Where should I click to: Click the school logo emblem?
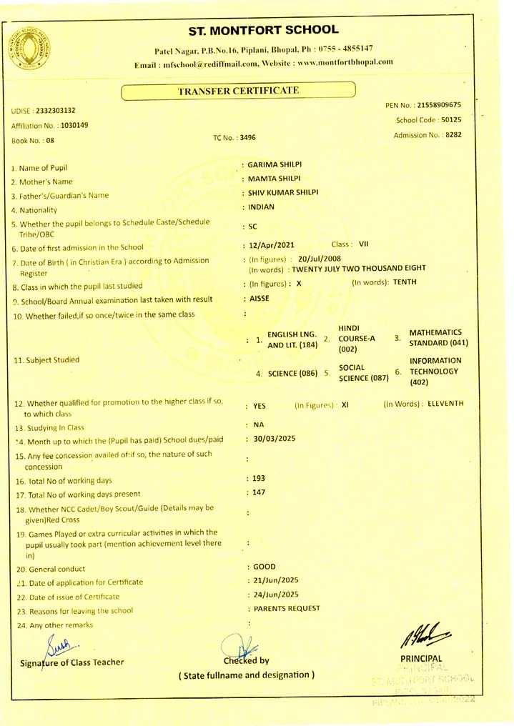(x=28, y=51)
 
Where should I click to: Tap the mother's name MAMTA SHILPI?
(x=273, y=178)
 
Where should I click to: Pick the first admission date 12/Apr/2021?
(x=271, y=245)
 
